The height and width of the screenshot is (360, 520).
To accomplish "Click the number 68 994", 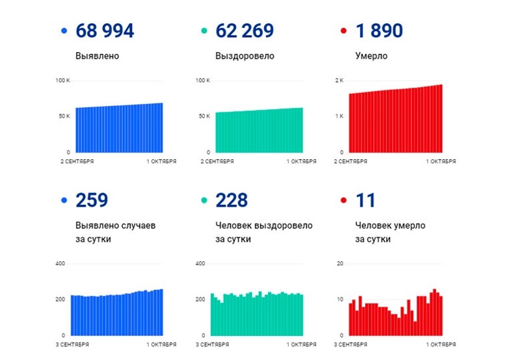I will point(105,31).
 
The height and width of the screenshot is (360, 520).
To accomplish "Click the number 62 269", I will point(244,31).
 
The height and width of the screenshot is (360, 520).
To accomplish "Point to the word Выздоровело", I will point(244,56).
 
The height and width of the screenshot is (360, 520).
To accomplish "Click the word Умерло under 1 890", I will point(371,56).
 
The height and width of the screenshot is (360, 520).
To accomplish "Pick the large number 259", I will point(92,200).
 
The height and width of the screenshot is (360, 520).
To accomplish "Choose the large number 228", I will point(231,200).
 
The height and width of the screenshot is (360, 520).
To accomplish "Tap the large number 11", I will point(366,200).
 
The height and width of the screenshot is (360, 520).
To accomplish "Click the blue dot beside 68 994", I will point(64,31).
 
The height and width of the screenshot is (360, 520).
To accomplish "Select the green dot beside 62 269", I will point(203,31).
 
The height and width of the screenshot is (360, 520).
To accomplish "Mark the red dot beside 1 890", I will point(343,31).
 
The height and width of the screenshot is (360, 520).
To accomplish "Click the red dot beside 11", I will point(343,201).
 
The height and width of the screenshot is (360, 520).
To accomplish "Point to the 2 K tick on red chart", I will point(339,81).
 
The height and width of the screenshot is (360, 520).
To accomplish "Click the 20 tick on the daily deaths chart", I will point(339,264).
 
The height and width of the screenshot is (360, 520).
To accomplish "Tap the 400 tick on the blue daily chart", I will point(60,264).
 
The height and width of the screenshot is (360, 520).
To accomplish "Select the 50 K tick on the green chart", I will point(203,116).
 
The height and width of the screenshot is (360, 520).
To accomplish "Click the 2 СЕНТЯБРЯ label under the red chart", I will point(350,161).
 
